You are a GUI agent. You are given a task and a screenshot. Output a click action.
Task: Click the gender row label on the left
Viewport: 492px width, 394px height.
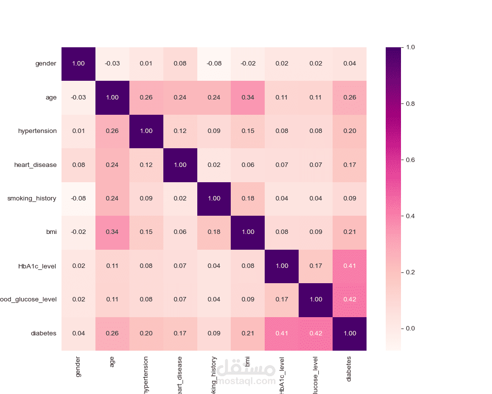[x=46, y=64]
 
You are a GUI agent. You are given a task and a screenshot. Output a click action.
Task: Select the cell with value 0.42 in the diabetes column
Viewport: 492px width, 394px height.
[x=349, y=299]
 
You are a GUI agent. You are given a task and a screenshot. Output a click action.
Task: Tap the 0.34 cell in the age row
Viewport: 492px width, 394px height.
[x=247, y=98]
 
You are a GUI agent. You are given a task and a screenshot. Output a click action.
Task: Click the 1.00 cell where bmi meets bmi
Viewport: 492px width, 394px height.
[x=247, y=232]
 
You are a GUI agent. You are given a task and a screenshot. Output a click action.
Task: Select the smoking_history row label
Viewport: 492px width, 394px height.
[x=32, y=198]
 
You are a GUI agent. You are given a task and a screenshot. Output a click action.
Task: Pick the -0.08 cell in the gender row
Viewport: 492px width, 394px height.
[x=214, y=64]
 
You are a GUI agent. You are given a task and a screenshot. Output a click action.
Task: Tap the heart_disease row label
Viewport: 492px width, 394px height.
[x=35, y=164]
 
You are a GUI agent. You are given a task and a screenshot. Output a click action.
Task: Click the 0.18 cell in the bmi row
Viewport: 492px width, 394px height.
[x=214, y=232]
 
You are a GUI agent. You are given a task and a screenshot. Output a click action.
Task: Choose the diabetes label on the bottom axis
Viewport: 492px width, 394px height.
[x=349, y=368]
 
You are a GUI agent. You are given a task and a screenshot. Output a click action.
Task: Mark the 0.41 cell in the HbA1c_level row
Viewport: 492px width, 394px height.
[x=349, y=266]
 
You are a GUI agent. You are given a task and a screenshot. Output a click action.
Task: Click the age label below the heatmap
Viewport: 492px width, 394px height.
[x=112, y=362]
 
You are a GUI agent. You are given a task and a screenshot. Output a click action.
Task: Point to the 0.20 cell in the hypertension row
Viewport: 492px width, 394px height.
[x=349, y=131]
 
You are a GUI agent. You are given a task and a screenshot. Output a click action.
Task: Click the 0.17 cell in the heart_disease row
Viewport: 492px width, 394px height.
[x=349, y=164]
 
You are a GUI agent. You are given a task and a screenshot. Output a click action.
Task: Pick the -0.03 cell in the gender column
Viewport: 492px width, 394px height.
[x=78, y=98]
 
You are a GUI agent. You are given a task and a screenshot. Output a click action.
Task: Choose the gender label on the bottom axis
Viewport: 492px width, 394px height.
[x=78, y=367]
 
